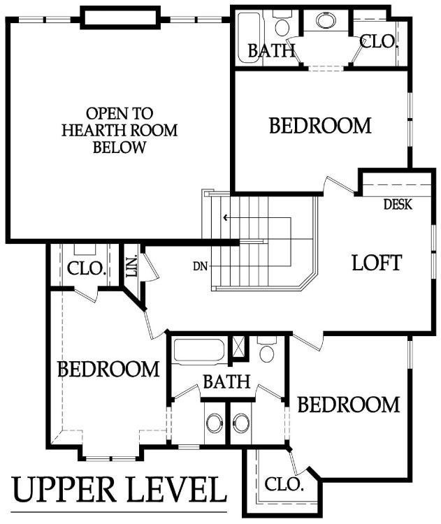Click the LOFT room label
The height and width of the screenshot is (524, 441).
click(x=377, y=263)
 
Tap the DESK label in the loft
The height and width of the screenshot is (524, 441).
click(x=398, y=204)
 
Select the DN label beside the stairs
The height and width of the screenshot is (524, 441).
click(x=201, y=266)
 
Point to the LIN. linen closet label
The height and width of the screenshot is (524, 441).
click(x=132, y=266)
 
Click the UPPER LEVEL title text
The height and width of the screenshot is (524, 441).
click(x=119, y=490)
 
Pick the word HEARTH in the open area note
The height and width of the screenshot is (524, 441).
click(x=90, y=130)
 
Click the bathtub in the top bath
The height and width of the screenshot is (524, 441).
click(x=250, y=38)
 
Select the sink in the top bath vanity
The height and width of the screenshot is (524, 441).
click(x=325, y=20)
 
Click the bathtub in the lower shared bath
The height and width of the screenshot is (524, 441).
click(x=199, y=351)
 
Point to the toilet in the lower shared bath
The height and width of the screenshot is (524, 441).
click(x=266, y=349)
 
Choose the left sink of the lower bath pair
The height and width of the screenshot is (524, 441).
click(x=215, y=423)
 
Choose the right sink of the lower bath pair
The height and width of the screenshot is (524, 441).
click(x=240, y=423)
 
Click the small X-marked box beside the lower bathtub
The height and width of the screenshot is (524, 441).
click(x=238, y=347)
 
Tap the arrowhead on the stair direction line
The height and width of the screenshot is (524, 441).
click(x=226, y=218)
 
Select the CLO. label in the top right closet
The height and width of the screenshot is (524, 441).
click(x=378, y=41)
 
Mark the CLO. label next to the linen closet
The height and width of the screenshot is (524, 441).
click(x=86, y=268)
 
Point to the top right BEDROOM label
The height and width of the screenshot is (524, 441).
click(x=320, y=125)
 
